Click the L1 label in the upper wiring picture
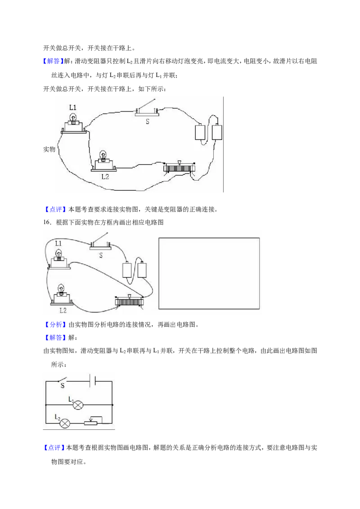(73, 107)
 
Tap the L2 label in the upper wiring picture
(105, 177)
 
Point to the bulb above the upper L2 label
(103, 161)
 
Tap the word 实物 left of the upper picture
(49, 149)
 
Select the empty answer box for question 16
(209, 273)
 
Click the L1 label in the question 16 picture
(58, 243)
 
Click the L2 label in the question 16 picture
(63, 310)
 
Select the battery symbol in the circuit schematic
(93, 380)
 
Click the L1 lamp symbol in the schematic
(78, 405)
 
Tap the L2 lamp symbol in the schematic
(65, 423)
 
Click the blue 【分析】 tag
(54, 325)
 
